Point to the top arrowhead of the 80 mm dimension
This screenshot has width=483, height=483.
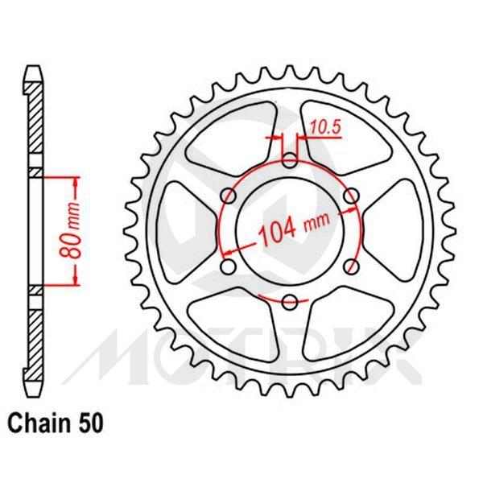[x=78, y=180]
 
